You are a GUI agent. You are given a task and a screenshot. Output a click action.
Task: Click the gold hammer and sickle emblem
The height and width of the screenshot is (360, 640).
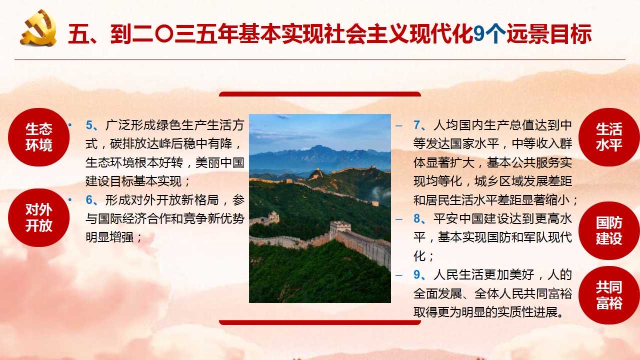coord(38,28)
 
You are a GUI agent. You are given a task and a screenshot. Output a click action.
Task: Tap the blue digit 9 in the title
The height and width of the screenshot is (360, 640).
coord(479,34)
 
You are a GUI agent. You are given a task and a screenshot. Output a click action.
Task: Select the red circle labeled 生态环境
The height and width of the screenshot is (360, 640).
coord(38,137)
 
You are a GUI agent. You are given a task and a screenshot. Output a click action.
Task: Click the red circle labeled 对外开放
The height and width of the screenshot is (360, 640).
coord(38,217)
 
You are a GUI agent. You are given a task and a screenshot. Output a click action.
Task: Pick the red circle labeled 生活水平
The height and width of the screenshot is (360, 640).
coord(609,137)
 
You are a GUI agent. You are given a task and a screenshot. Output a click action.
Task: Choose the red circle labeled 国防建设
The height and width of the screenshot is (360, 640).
coord(609,230)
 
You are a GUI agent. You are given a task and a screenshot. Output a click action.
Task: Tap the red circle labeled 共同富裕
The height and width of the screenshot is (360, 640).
coord(609,295)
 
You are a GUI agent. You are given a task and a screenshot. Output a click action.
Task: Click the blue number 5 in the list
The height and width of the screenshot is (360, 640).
coord(89,125)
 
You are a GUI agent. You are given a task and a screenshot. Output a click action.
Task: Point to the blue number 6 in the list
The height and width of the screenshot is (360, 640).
coord(89,200)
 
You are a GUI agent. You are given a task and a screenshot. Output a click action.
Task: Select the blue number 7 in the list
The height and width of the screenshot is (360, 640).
coord(417,125)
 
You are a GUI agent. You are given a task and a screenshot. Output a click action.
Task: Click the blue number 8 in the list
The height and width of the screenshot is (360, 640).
coord(417,218)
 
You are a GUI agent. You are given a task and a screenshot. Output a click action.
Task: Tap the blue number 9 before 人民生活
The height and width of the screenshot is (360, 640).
coord(417,274)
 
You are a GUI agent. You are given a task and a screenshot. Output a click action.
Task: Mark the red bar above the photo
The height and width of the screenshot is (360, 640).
coord(320,94)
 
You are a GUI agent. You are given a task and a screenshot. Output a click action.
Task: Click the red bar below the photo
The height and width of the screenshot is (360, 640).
coord(320,322)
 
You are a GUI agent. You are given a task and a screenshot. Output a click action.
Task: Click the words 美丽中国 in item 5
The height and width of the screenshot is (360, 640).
coord(219,162)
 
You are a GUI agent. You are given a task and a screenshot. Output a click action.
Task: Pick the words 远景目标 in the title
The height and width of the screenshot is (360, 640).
coord(549,34)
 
